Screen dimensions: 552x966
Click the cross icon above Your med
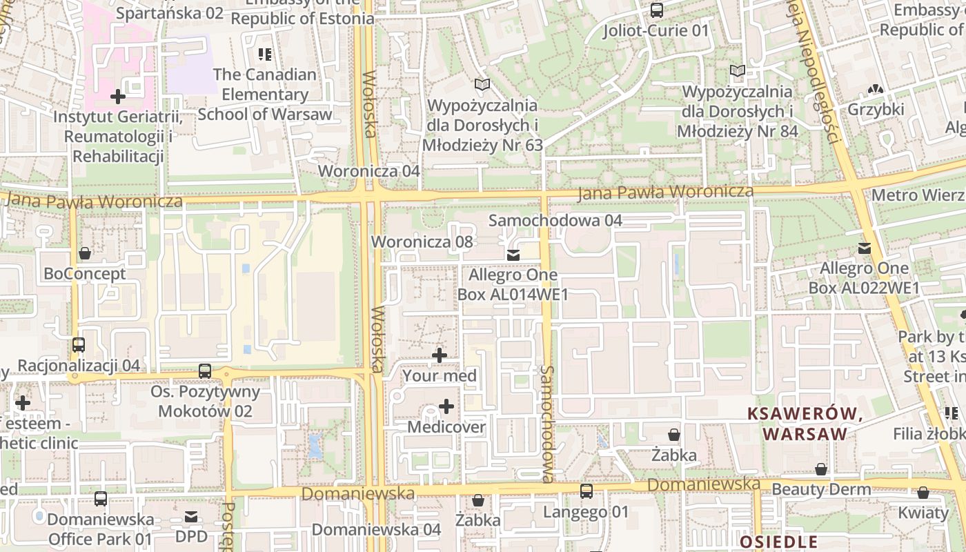(439, 355)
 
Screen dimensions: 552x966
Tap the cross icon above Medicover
(446, 406)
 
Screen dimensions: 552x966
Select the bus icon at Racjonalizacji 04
(79, 345)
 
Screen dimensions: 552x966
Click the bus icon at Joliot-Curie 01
(656, 10)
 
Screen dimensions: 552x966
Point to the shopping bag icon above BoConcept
(85, 253)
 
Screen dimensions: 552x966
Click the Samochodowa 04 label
(555, 221)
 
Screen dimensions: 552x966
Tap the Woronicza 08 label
(422, 241)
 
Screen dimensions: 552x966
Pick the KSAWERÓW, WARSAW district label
(805, 424)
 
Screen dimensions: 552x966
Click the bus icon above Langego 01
(586, 491)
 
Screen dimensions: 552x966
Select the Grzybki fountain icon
(876, 89)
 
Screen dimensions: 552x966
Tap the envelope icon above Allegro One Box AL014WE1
(513, 255)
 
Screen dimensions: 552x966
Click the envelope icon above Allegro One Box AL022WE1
(864, 248)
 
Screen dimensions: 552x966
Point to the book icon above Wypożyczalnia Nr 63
(482, 85)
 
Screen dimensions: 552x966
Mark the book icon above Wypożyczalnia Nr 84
(738, 70)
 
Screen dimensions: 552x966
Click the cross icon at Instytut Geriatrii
(118, 96)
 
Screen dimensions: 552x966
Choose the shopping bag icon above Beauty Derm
(821, 469)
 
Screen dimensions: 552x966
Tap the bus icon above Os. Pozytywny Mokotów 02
(205, 371)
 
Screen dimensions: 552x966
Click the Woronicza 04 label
(368, 170)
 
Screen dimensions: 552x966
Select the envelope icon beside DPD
(191, 516)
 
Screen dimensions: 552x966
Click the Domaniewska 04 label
(376, 529)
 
